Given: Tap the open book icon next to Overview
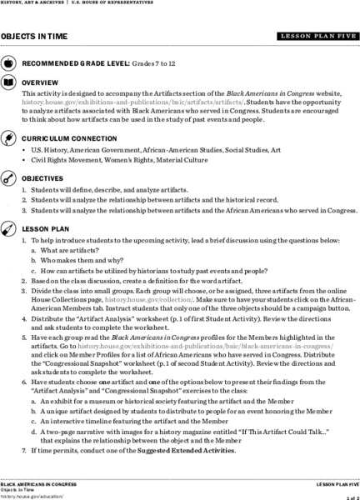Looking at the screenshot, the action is pyautogui.click(x=8, y=84).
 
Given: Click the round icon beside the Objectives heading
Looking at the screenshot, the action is pyautogui.click(x=8, y=178).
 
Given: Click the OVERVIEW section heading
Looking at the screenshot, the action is pyautogui.click(x=40, y=84).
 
